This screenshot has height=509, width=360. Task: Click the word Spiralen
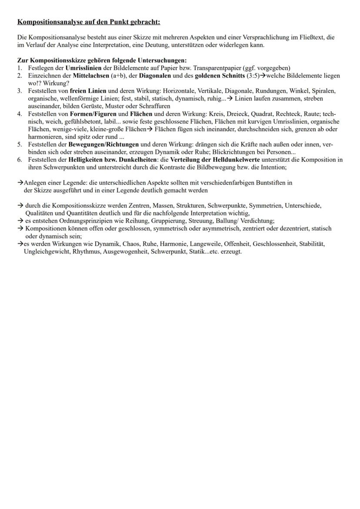[324, 91]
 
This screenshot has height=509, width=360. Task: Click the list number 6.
[20, 160]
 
